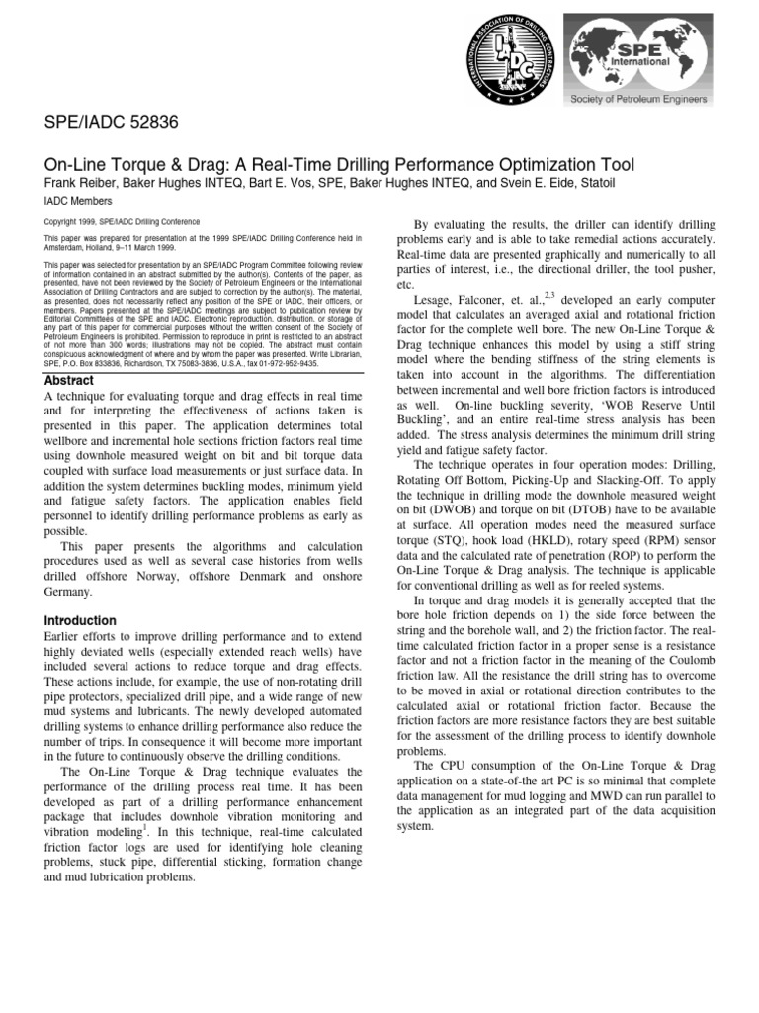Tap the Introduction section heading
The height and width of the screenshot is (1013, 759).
(x=81, y=620)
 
